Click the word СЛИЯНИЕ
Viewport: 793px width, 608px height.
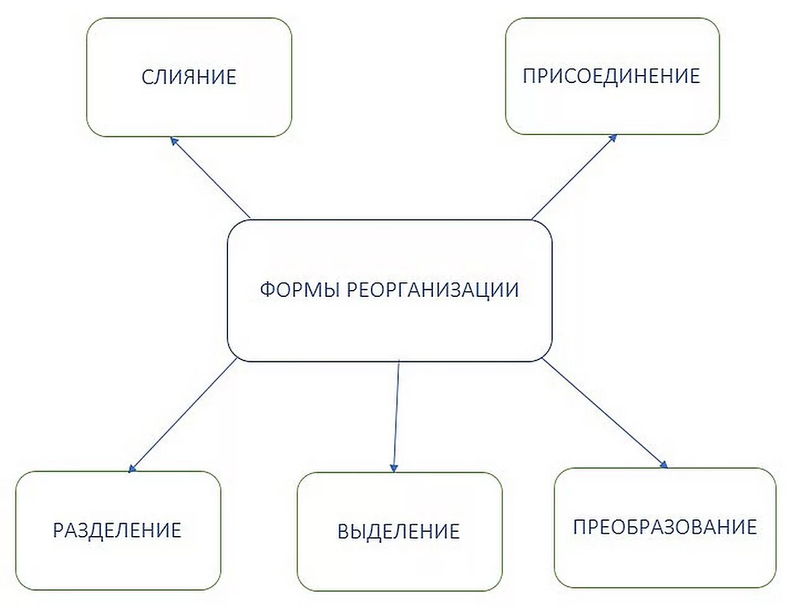[x=189, y=77]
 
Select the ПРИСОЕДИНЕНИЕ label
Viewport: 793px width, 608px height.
[x=611, y=76]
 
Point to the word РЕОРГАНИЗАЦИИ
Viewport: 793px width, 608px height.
[x=432, y=289]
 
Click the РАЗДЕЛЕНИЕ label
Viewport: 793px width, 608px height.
[x=117, y=530]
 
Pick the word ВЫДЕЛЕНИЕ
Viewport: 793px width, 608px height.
[x=399, y=531]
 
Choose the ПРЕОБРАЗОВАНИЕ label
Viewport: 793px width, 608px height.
[x=665, y=526]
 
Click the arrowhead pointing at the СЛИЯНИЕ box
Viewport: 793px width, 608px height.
[x=174, y=141]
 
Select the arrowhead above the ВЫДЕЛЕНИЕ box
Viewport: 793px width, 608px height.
[x=394, y=467]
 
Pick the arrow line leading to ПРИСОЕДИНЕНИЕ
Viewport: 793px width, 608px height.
[x=573, y=177]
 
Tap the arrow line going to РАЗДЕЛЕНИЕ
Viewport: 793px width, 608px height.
[x=184, y=414]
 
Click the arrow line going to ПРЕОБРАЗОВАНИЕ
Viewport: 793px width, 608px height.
[x=604, y=412]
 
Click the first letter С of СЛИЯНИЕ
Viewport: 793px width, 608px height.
[x=147, y=77]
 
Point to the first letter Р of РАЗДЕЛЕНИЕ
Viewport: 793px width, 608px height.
[x=58, y=530]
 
